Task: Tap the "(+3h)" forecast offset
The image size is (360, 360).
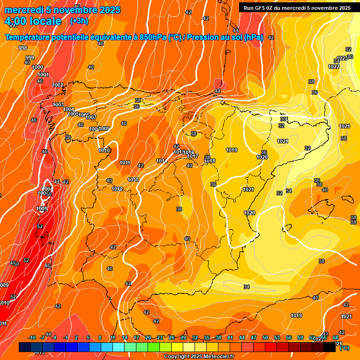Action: coord(78,21)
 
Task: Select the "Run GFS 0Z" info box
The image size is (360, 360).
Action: coord(297,8)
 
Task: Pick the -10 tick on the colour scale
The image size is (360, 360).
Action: coord(32,337)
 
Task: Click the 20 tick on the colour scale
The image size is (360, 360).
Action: coord(148,337)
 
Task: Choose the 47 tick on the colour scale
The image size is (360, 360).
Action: coord(254,337)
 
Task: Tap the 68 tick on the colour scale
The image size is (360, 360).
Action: coord(336,337)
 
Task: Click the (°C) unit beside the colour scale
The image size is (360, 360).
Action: coord(344,348)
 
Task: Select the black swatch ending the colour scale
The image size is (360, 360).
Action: coord(330,347)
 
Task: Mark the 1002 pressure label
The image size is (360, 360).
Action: coord(58,85)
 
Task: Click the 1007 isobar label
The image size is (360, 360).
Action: coord(91,117)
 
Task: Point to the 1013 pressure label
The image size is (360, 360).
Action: coord(133,180)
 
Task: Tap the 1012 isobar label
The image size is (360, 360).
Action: coord(117,189)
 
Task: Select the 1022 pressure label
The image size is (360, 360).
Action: coord(334,67)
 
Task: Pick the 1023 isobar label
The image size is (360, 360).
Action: coord(342,58)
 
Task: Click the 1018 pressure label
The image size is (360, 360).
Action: coord(210,161)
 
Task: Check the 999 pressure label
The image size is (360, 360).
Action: coord(30,58)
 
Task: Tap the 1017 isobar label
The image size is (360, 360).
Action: coord(193,156)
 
